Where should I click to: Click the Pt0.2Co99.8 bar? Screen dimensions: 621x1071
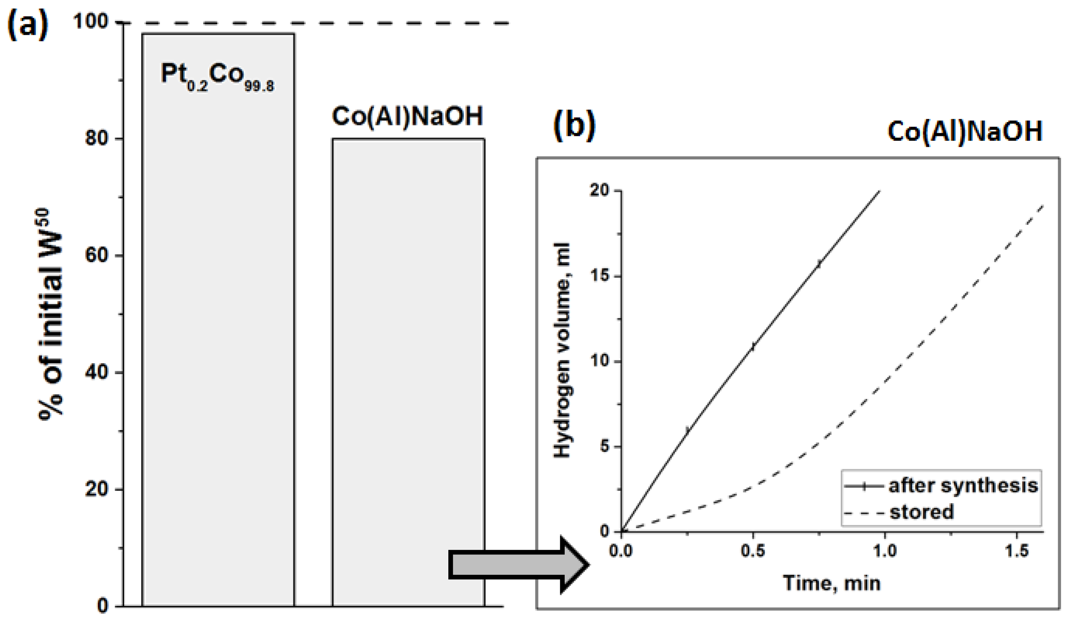218,340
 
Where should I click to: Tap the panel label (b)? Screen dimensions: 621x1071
574,126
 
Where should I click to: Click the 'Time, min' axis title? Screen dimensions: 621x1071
832,583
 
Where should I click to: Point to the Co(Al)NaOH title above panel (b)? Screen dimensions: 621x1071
965,132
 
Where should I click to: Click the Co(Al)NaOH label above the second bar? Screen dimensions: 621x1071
407,116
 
